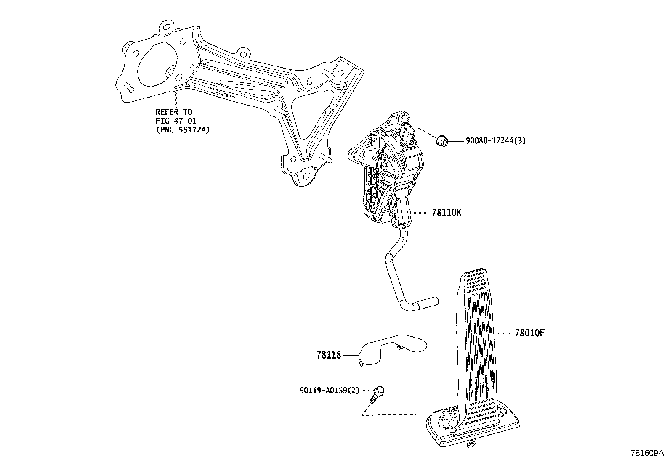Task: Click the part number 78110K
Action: [x=446, y=213]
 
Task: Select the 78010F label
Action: [x=529, y=333]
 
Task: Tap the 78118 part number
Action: [x=329, y=355]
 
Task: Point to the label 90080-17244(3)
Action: [x=496, y=140]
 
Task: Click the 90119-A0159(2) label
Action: [x=329, y=390]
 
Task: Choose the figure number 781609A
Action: [x=647, y=453]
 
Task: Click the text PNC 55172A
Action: [x=183, y=130]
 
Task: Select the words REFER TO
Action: [x=174, y=112]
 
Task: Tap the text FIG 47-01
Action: [x=176, y=121]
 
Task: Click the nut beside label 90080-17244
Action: [x=442, y=141]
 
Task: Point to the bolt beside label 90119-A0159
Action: [x=376, y=394]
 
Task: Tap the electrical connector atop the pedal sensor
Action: [x=407, y=134]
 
